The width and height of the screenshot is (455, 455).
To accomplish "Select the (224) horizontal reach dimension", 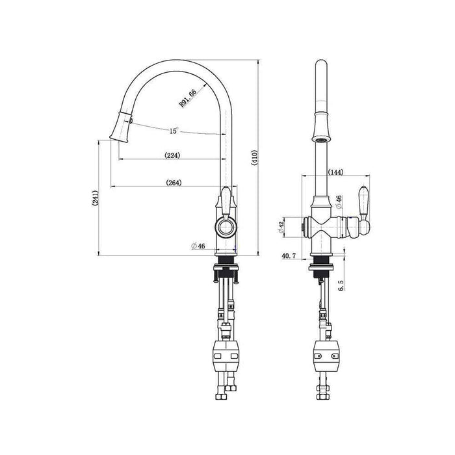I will coord(172,155).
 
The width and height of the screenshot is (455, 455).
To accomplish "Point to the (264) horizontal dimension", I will coord(173,183).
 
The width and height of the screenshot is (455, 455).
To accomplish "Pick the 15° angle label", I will coord(174,131).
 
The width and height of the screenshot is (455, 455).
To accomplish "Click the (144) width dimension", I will coord(336,172).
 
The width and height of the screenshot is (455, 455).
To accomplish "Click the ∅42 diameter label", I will coord(279,225).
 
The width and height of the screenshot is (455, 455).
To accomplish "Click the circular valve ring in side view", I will coord(225,227).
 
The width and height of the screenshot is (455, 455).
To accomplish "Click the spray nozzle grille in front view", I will coord(319,138).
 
